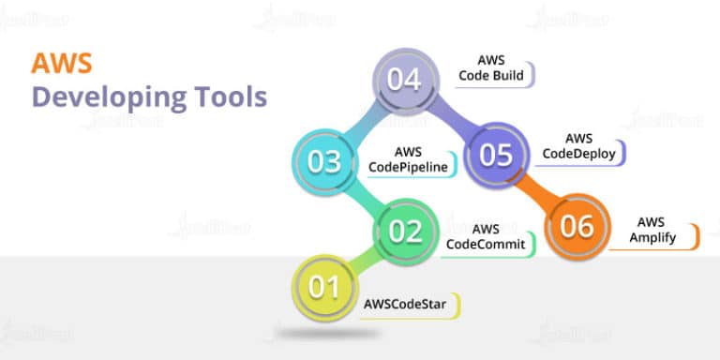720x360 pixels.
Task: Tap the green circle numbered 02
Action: [406, 231]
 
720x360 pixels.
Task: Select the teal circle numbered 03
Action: [324, 161]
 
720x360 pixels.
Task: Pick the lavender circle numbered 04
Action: [405, 81]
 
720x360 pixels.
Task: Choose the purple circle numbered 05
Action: [496, 154]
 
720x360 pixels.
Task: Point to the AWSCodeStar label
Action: [404, 304]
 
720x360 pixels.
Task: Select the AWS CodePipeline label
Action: [408, 160]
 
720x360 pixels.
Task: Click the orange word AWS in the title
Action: [53, 63]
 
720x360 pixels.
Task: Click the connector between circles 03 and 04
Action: [364, 120]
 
